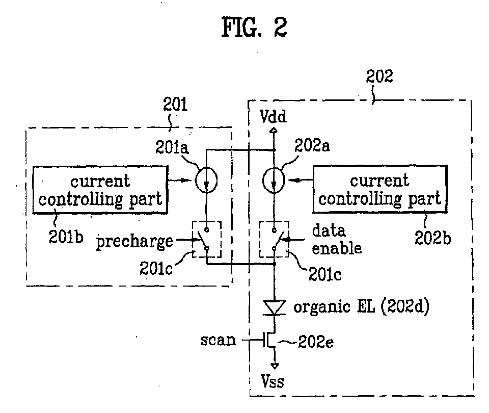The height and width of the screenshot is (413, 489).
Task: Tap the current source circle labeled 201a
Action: [207, 180]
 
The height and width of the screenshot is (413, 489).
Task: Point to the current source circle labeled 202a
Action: [275, 180]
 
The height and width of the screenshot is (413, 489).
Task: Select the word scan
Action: [218, 340]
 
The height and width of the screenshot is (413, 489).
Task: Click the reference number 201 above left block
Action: [175, 105]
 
